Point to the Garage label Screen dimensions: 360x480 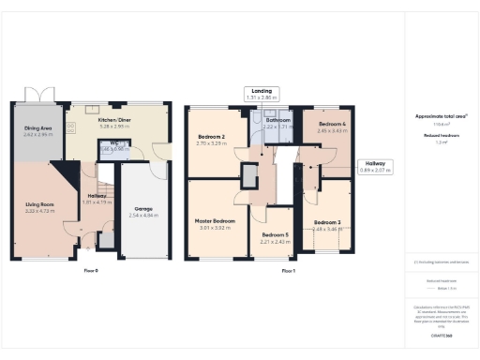[x=143, y=209]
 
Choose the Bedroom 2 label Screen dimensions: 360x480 [x=212, y=139]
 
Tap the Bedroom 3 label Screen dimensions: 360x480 [x=328, y=222]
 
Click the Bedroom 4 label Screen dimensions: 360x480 [x=333, y=125]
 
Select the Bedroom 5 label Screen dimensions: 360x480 [x=275, y=235]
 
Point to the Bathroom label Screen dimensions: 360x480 [x=279, y=121]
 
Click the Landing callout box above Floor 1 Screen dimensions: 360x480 [x=263, y=93]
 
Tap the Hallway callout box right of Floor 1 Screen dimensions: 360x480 [x=375, y=166]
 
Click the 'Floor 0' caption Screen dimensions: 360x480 [x=90, y=271]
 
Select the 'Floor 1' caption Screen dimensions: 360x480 [x=289, y=271]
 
